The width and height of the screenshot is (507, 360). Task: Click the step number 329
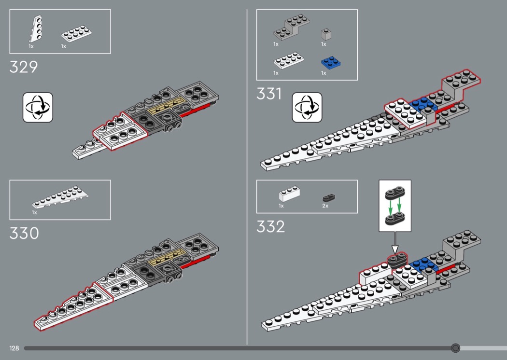click(24, 67)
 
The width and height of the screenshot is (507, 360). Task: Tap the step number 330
click(24, 233)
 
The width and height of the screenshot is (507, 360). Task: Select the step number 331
click(269, 94)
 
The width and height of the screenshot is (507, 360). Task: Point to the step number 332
click(270, 226)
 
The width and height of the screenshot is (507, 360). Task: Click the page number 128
click(14, 348)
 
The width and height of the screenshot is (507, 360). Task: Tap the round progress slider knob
click(456, 348)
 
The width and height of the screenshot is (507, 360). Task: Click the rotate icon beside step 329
click(38, 107)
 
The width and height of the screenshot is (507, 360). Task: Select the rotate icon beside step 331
click(307, 107)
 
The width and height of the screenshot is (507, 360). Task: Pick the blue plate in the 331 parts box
click(331, 63)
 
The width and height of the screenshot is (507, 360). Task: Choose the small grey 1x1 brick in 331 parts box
click(326, 35)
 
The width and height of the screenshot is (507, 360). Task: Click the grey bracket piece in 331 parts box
click(291, 27)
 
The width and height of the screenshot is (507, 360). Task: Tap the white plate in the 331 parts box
click(289, 60)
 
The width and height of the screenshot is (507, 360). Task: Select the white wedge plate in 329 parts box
click(36, 29)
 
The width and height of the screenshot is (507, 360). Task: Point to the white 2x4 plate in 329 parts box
click(76, 34)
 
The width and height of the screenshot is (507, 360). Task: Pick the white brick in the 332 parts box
click(289, 194)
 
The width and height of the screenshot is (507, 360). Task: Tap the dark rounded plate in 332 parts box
click(329, 197)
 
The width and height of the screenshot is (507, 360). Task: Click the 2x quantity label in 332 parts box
click(325, 206)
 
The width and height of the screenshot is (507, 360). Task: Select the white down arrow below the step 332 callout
click(395, 243)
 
